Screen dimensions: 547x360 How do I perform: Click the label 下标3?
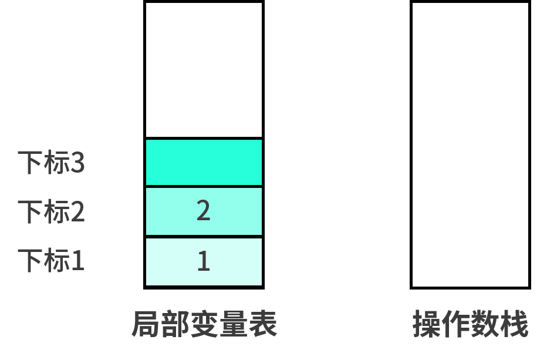coord(51,162)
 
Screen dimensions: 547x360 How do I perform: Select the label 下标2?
coord(51,211)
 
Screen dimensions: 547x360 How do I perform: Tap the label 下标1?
coord(51,261)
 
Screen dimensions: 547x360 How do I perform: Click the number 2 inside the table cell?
coord(204,211)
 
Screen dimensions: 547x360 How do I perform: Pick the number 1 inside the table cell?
coord(204,261)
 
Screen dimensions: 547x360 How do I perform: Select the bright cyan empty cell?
coord(204,162)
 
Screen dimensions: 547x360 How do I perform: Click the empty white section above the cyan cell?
coord(204,70)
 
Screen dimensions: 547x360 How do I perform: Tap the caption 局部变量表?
coord(204,324)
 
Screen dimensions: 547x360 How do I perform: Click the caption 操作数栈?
coord(470,324)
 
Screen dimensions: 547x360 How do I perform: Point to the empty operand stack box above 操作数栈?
coord(470,145)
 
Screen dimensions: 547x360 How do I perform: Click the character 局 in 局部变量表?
coord(147,324)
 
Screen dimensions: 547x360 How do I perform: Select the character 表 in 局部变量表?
coord(263,324)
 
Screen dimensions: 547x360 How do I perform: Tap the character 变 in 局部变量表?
coord(204,324)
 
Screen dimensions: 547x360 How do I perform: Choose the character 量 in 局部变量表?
coord(234,324)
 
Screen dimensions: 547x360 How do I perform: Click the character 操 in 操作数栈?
coord(427,324)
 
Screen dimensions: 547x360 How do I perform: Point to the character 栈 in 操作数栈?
coord(514,324)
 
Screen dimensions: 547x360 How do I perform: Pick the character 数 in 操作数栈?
coord(485,324)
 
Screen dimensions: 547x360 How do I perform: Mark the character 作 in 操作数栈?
coord(456,324)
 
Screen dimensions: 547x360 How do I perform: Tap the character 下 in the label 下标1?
coord(31,261)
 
